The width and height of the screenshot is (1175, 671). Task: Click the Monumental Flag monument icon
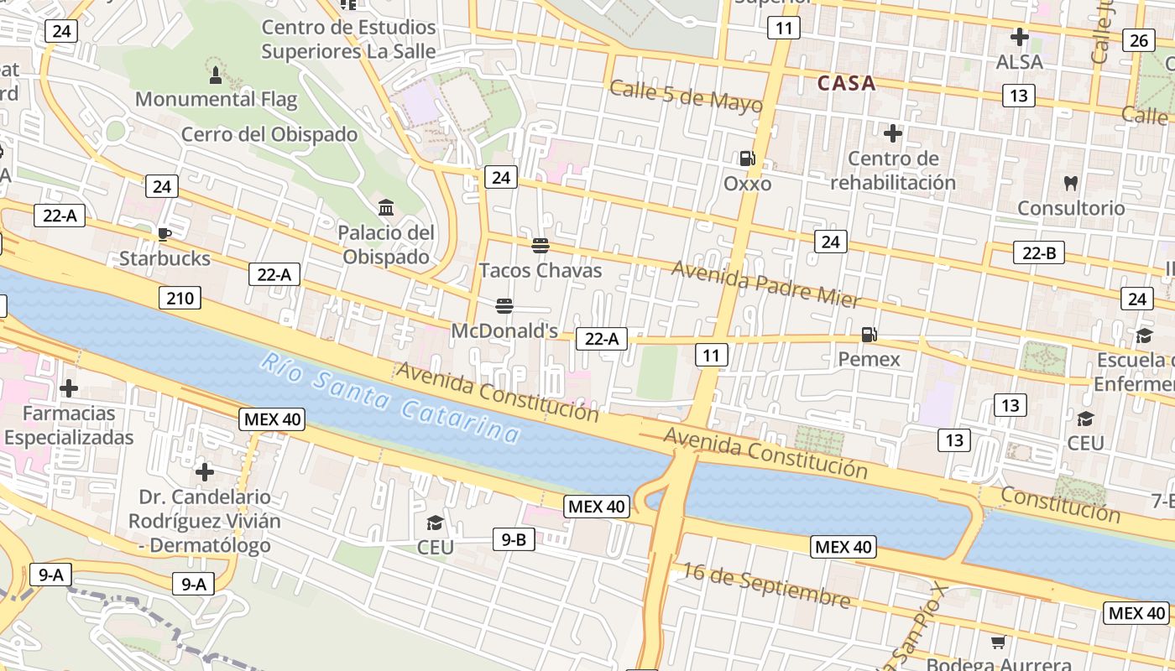coord(216,75)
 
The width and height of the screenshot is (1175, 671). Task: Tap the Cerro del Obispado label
coord(269,134)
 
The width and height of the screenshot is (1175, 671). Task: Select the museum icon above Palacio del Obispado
coord(386,207)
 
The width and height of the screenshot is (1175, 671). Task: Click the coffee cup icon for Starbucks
coord(164,233)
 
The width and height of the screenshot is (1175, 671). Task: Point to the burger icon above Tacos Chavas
coord(540,245)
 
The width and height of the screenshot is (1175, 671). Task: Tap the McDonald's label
coord(504,331)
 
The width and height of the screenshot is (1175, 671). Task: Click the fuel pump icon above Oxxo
coord(746,158)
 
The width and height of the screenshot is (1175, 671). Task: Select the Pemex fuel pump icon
coord(869,335)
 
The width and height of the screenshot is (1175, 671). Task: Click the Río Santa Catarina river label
coord(390,398)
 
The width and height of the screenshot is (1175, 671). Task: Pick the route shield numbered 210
coord(180,298)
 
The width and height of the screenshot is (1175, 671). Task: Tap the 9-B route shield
coord(514,539)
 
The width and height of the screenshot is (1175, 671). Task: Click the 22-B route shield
coord(1039,252)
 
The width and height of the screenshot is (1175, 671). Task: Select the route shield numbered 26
coord(1139,40)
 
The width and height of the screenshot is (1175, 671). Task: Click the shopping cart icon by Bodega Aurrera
coord(998,642)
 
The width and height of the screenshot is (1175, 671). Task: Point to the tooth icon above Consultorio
coord(1070,182)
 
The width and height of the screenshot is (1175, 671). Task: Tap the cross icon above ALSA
coord(1020,37)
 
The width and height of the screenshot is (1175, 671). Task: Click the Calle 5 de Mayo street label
coord(686,96)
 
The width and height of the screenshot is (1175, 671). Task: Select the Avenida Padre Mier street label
coord(766,283)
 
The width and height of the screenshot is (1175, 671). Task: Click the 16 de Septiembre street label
coord(765,585)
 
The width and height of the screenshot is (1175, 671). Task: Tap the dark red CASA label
coord(846,83)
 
